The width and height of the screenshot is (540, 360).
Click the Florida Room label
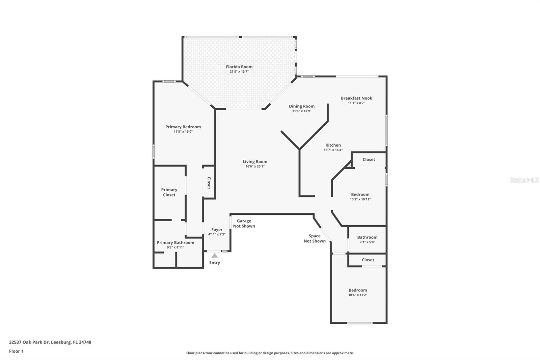(x=239, y=67)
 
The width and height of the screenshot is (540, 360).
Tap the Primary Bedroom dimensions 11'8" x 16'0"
(x=183, y=132)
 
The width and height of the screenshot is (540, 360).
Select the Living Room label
(x=255, y=162)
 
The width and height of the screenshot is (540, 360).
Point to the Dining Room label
(x=301, y=106)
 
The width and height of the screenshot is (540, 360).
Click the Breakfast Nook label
(x=356, y=98)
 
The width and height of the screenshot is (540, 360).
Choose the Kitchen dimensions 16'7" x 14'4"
(x=333, y=150)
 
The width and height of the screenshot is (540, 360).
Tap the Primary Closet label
(x=169, y=192)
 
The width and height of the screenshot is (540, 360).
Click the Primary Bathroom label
(x=175, y=243)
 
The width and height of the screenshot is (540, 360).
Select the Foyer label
(x=217, y=230)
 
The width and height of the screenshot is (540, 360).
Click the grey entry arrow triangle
(x=215, y=256)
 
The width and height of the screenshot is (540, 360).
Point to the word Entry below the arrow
(x=215, y=263)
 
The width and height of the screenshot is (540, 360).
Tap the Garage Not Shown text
(x=244, y=224)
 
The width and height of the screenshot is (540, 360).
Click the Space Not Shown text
(x=315, y=238)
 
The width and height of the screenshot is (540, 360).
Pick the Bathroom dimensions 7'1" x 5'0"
(x=367, y=242)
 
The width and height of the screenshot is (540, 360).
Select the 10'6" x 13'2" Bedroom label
(x=358, y=290)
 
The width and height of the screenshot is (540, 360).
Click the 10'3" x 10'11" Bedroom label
(x=360, y=195)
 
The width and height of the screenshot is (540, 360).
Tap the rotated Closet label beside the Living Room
(x=209, y=183)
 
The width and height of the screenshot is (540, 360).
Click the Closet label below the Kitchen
(x=369, y=160)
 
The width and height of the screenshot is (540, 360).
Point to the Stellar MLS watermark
(x=524, y=180)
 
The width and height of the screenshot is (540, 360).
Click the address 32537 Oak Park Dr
(x=30, y=342)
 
